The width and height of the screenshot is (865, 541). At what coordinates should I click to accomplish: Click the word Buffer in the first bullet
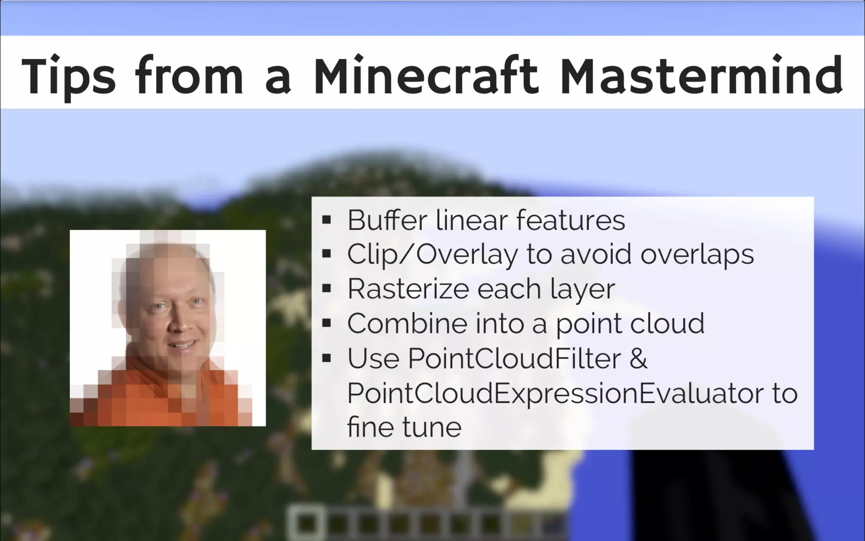tap(387, 220)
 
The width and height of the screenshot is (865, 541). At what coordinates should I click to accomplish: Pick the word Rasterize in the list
tap(408, 289)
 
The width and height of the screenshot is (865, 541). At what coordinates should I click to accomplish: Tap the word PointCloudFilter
tap(514, 358)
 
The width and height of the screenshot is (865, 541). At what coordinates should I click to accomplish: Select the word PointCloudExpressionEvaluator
tap(547, 393)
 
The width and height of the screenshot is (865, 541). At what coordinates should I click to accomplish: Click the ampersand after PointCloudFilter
tap(638, 358)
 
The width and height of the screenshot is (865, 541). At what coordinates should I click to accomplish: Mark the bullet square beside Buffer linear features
tap(326, 220)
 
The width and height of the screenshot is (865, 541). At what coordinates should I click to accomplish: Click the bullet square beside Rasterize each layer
tap(326, 289)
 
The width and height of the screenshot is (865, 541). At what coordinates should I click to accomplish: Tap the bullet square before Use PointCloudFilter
tap(326, 358)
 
